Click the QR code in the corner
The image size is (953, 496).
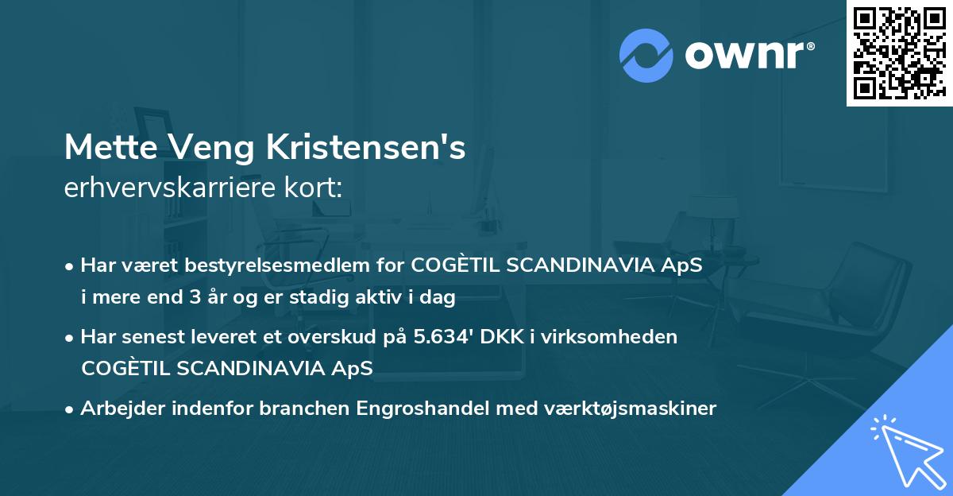coord(899,52)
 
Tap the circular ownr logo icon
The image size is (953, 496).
coord(646,56)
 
